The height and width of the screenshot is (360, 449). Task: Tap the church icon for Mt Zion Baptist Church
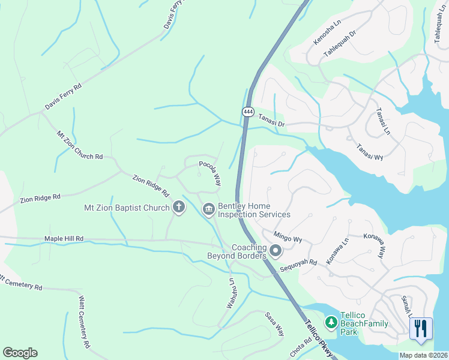(x=178, y=208)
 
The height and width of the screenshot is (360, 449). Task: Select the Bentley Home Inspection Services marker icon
(x=208, y=209)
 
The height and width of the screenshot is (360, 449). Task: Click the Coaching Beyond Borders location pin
(x=276, y=251)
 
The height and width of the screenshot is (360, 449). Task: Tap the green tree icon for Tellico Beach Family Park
(x=330, y=323)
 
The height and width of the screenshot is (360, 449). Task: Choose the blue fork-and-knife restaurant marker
(x=421, y=329)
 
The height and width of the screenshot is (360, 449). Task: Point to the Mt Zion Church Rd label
(x=79, y=146)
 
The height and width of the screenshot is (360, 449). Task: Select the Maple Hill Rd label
(x=64, y=239)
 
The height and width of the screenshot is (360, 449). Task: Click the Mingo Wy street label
(x=288, y=237)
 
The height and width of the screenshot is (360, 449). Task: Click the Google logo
(x=20, y=353)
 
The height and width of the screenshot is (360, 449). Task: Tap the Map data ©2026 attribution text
(x=423, y=355)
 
